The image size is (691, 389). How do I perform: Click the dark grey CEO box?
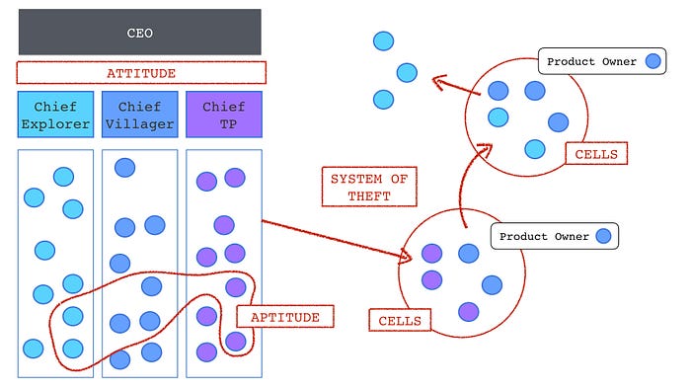[139, 32]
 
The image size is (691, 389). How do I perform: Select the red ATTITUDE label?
[141, 73]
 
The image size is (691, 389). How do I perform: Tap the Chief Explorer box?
[55, 114]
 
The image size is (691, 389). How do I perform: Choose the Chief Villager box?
[139, 114]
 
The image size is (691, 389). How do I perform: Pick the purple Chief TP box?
[224, 114]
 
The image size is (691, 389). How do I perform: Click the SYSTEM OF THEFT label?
[368, 187]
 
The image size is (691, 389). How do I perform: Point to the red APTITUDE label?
[284, 316]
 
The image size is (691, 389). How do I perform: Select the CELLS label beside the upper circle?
[596, 153]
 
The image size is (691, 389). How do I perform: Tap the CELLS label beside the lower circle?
[401, 320]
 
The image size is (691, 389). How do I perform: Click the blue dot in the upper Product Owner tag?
[653, 62]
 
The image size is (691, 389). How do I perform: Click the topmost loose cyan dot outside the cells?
[383, 40]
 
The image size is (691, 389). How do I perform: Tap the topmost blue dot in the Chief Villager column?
[124, 167]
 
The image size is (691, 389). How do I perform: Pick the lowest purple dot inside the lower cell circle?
[468, 311]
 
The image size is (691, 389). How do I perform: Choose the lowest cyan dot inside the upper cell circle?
[534, 149]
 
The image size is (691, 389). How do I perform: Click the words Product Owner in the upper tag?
[591, 62]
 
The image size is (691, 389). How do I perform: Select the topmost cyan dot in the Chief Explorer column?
[63, 177]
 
